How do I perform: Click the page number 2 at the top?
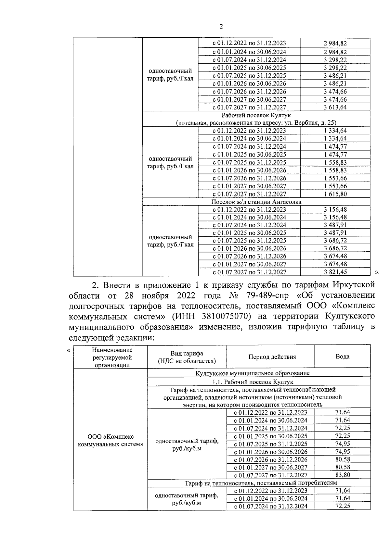pyautogui.click(x=221, y=27)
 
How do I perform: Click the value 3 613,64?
pyautogui.click(x=335, y=107)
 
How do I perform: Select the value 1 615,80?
pyautogui.click(x=335, y=194)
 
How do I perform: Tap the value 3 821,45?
pyautogui.click(x=335, y=272)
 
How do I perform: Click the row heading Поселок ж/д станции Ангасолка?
pyautogui.click(x=256, y=202)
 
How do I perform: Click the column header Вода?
pyautogui.click(x=342, y=357)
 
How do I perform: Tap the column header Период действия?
pyautogui.click(x=272, y=357)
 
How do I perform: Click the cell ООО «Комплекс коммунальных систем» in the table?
pyautogui.click(x=111, y=440)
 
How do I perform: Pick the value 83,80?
pyautogui.click(x=342, y=475)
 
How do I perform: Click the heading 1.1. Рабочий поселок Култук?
pyautogui.click(x=253, y=382)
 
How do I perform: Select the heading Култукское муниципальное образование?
pyautogui.click(x=253, y=373)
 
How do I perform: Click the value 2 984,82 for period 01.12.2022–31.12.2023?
pyautogui.click(x=335, y=44)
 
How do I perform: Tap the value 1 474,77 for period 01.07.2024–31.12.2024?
pyautogui.click(x=335, y=146)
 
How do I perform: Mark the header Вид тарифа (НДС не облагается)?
pyautogui.click(x=187, y=357)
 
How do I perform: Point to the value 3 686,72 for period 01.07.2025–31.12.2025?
pyautogui.click(x=335, y=241)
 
